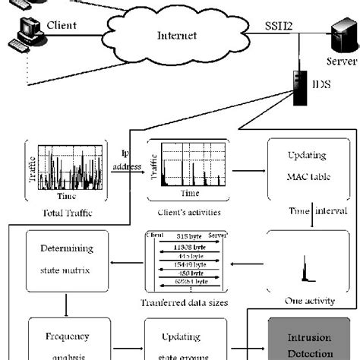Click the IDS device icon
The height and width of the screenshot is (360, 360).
297,85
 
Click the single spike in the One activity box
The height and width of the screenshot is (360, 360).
306,269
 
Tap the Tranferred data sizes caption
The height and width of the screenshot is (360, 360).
186,303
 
